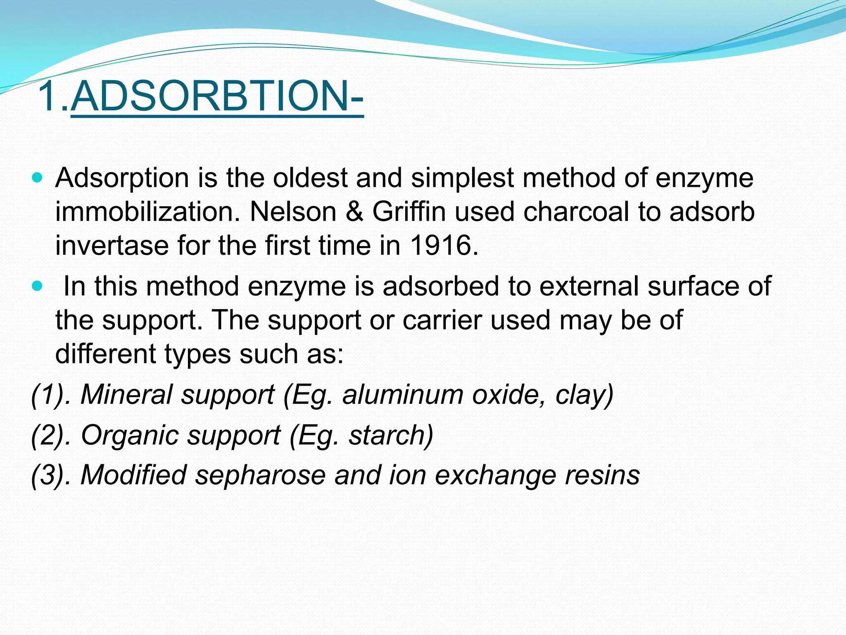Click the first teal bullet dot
pyautogui.click(x=37, y=178)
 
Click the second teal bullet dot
pyautogui.click(x=37, y=286)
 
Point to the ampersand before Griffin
pyautogui.click(x=354, y=212)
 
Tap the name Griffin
pyautogui.click(x=409, y=212)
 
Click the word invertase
pyautogui.click(x=112, y=245)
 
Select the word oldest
pyautogui.click(x=310, y=178)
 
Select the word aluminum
pyautogui.click(x=403, y=394)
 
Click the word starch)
pyautogui.click(x=391, y=435)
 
